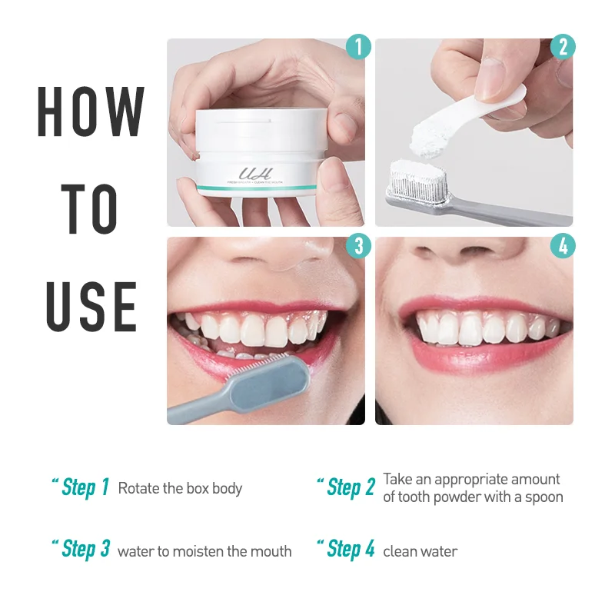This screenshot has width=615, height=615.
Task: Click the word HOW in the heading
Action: (x=91, y=113)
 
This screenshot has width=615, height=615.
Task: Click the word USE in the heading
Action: (x=91, y=305)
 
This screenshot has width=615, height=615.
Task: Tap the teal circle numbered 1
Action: (x=358, y=47)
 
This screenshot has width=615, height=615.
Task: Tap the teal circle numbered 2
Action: (x=563, y=47)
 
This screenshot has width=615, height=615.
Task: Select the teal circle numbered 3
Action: (x=358, y=246)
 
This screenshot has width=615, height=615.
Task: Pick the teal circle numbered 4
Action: (x=563, y=246)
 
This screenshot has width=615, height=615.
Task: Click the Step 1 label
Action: (x=85, y=487)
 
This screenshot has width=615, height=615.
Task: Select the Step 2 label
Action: (x=351, y=487)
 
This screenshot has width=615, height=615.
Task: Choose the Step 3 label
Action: (x=85, y=550)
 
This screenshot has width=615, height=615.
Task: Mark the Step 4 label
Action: (x=351, y=550)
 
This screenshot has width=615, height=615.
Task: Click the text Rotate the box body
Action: (x=180, y=488)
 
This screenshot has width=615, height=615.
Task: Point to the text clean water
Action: (x=420, y=551)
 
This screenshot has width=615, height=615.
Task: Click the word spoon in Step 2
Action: (x=544, y=497)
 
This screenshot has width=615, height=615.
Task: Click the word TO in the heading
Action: (x=91, y=209)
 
